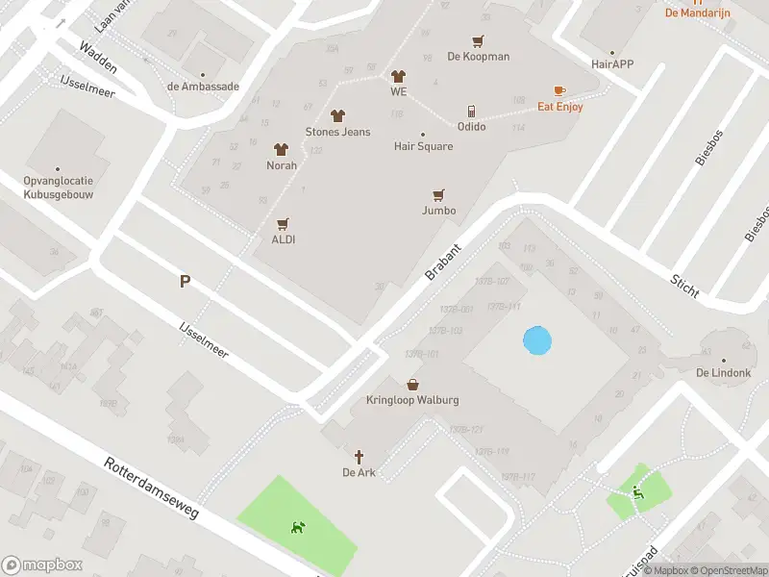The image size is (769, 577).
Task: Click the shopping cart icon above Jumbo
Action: (x=439, y=194)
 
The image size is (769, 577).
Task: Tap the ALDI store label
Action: (x=283, y=239)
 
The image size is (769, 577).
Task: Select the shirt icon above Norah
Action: (x=281, y=149)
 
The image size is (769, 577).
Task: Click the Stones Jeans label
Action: (x=337, y=132)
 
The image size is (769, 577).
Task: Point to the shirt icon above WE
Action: (x=398, y=76)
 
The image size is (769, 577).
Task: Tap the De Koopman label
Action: (x=479, y=57)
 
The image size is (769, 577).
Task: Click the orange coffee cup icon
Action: (x=559, y=91)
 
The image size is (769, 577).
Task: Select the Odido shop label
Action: (x=471, y=127)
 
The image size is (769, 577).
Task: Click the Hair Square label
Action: (x=423, y=147)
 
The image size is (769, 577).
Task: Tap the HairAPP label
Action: (x=612, y=64)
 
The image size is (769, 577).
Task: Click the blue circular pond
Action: (x=537, y=340)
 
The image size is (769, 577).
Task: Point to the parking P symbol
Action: (x=185, y=282)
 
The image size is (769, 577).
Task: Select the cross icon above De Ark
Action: (x=360, y=456)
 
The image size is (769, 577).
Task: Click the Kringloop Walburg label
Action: (x=412, y=400)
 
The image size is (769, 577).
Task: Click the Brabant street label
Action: (x=444, y=262)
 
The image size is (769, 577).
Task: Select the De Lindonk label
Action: (x=722, y=373)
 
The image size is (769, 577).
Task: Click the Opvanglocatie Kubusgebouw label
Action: (x=59, y=187)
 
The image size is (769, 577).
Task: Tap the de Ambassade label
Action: (x=203, y=86)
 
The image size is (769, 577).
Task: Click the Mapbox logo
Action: (x=41, y=565)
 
